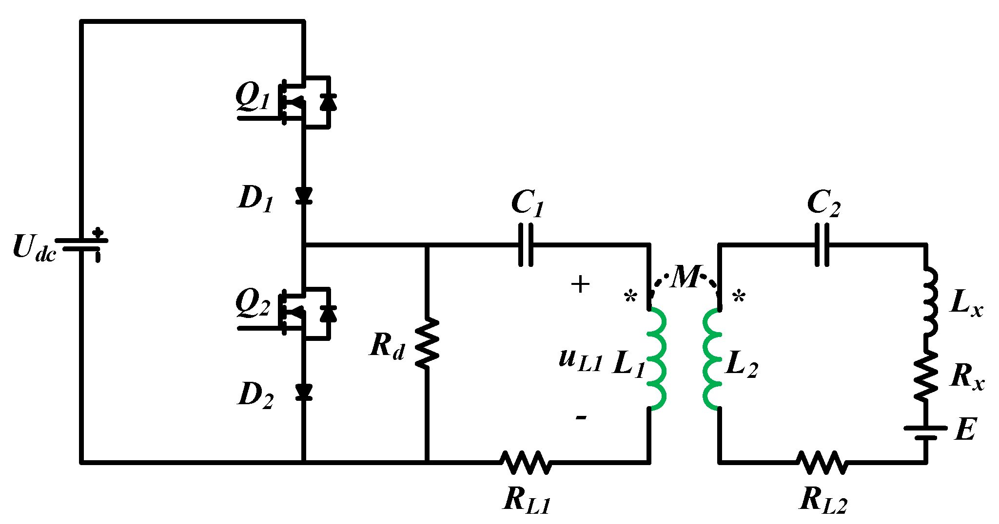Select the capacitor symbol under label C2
point(822,244)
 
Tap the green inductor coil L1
point(656,359)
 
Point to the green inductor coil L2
point(712,359)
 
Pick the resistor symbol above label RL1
point(526,462)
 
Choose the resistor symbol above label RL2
point(822,462)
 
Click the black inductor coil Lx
point(929,301)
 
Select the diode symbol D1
point(304,196)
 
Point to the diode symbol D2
point(304,392)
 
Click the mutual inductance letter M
point(686,278)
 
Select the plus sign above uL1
point(580,284)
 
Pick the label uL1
point(580,360)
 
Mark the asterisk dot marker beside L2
point(739,296)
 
